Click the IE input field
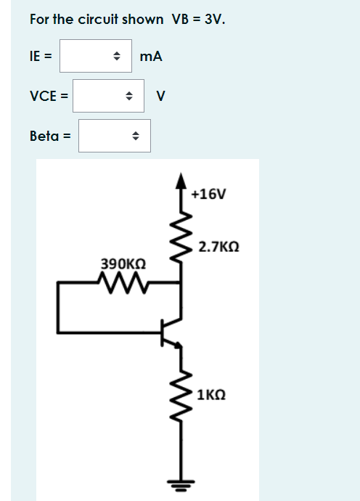tap(87, 56)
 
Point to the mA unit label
tap(151, 56)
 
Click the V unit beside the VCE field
tap(161, 96)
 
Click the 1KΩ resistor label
tap(211, 395)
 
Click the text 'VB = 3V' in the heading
tap(198, 19)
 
